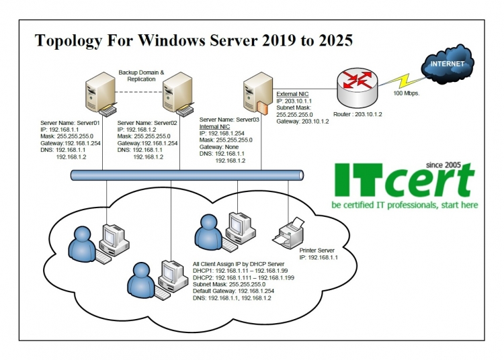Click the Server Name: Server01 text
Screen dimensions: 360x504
click(x=71, y=122)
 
